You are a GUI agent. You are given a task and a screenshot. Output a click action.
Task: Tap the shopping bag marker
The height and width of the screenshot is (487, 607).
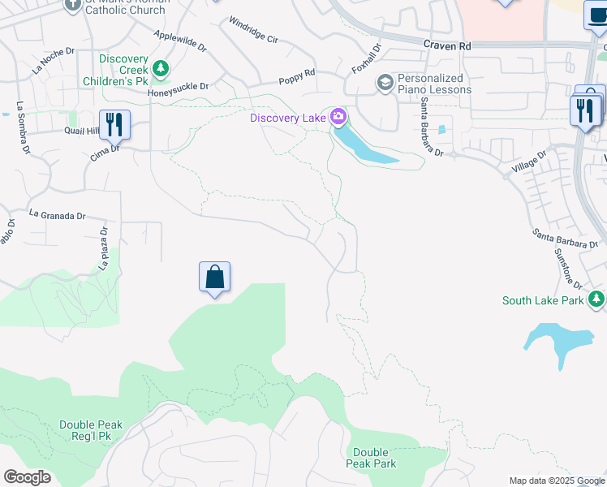(x=214, y=278)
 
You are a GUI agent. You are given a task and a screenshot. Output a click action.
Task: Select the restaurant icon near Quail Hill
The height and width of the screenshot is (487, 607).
(x=114, y=124)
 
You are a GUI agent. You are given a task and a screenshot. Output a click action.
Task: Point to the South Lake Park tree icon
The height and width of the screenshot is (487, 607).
(x=597, y=300)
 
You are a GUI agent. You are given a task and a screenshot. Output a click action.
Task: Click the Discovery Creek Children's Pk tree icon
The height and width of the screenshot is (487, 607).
(x=161, y=69)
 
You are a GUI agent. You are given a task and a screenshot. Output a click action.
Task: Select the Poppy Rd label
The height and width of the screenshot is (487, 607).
(x=296, y=77)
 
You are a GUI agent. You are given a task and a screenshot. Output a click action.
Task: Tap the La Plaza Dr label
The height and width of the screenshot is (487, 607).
(x=104, y=248)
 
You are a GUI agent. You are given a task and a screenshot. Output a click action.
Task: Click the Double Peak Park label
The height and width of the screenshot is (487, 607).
(x=374, y=458)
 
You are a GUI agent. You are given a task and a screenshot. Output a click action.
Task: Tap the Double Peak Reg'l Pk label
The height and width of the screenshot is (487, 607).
(x=91, y=431)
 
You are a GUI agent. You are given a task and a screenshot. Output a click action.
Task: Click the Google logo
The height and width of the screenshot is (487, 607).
(x=27, y=477)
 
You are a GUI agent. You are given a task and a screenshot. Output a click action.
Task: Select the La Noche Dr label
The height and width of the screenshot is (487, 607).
(x=54, y=61)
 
